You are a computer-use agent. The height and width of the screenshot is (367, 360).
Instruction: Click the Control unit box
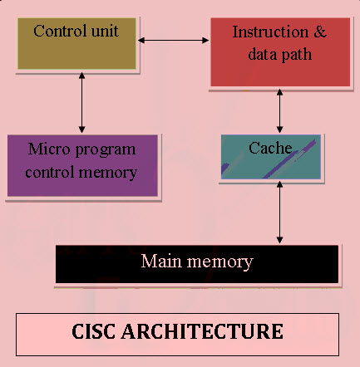pyautogui.click(x=76, y=44)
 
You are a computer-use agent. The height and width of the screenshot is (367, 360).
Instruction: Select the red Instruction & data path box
pyautogui.click(x=279, y=51)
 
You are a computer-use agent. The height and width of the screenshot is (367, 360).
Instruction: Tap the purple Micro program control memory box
pyautogui.click(x=81, y=165)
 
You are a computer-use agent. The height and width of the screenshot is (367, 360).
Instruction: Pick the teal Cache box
pyautogui.click(x=270, y=158)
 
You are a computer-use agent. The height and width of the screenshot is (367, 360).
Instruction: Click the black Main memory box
pyautogui.click(x=197, y=264)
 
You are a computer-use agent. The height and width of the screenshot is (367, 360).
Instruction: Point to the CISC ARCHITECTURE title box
pyautogui.click(x=178, y=332)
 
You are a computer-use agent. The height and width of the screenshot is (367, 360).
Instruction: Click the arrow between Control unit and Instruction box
pyautogui.click(x=174, y=39)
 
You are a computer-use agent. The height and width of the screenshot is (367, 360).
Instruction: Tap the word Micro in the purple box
pyautogui.click(x=47, y=149)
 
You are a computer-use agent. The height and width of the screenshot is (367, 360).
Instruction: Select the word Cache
pyautogui.click(x=270, y=148)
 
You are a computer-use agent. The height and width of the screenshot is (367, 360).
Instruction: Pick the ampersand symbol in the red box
pyautogui.click(x=318, y=33)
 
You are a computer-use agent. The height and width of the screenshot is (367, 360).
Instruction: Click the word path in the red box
pyautogui.click(x=298, y=54)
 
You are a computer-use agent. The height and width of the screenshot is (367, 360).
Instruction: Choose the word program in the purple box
pyautogui.click(x=105, y=150)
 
